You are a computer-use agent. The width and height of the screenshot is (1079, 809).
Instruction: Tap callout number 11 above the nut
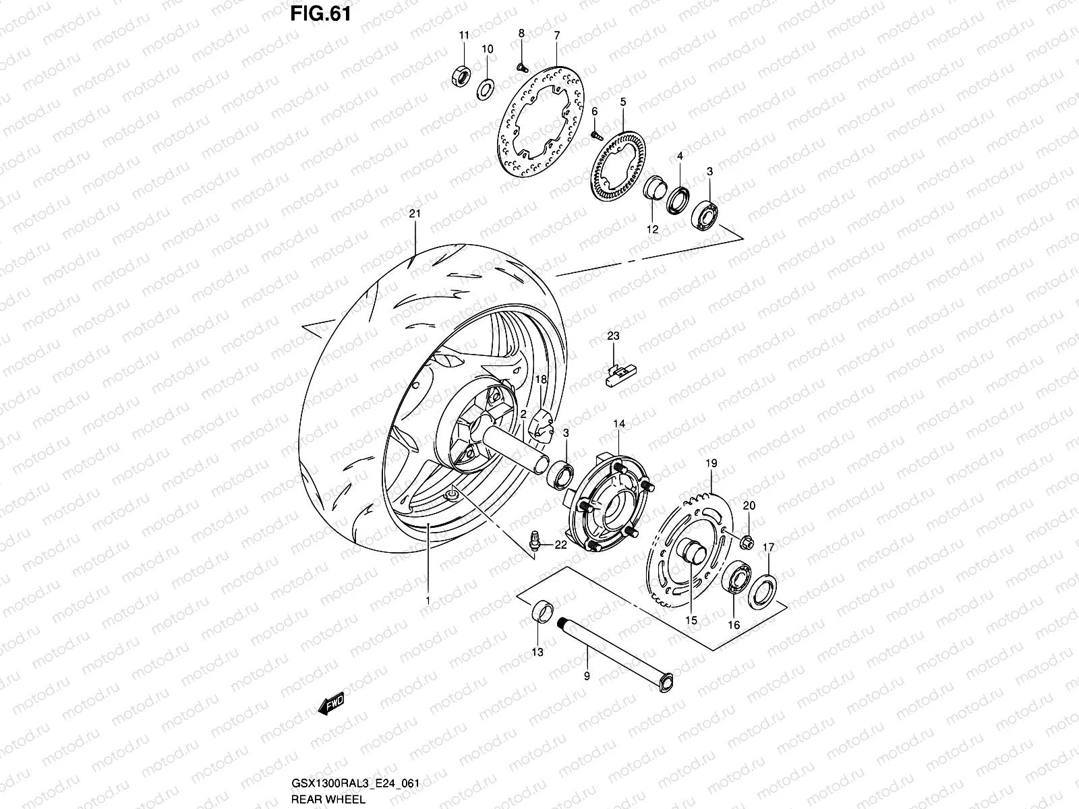(x=464, y=35)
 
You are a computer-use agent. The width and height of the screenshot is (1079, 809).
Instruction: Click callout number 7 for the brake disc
(x=556, y=35)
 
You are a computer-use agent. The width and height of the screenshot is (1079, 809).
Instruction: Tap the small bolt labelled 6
(x=596, y=134)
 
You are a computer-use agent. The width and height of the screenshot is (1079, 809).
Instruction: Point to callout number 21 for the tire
(x=414, y=214)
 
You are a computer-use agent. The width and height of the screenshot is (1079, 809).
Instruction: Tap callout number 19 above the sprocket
(x=711, y=464)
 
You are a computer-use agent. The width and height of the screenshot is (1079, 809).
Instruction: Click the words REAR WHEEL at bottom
(x=329, y=800)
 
